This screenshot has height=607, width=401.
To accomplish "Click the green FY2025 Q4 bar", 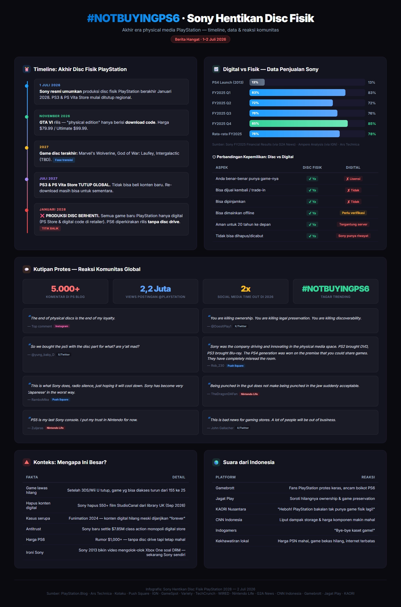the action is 298,123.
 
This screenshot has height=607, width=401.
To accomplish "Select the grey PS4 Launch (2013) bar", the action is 257,82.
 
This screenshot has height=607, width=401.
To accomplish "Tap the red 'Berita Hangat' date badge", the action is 200,39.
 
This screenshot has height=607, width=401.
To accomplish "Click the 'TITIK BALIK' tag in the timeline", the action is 50,228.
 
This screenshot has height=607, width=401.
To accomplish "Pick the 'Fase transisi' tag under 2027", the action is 64,160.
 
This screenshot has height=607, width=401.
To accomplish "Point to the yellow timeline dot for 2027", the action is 27,148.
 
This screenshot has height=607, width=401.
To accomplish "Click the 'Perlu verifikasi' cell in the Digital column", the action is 353,213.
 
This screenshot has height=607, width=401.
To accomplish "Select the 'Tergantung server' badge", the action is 353,224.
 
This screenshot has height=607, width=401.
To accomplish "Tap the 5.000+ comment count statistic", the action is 65,288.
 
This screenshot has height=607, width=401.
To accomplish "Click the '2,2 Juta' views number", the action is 155,288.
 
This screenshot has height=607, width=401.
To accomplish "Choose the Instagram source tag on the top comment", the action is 62,326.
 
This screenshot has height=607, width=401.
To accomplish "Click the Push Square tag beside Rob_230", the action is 235,366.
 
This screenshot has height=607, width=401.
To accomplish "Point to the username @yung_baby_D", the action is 43,355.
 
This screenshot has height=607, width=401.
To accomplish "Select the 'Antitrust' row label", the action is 34,529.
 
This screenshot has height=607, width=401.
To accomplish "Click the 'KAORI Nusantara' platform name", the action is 231,509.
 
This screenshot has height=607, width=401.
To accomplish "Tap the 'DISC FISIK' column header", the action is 312,168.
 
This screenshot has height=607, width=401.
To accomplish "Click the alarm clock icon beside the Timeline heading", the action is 27,69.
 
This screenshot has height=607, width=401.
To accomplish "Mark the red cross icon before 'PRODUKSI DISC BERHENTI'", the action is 42,216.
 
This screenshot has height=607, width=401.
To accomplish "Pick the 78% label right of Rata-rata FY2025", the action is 372,134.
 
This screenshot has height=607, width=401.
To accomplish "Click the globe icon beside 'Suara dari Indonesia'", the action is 216,462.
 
